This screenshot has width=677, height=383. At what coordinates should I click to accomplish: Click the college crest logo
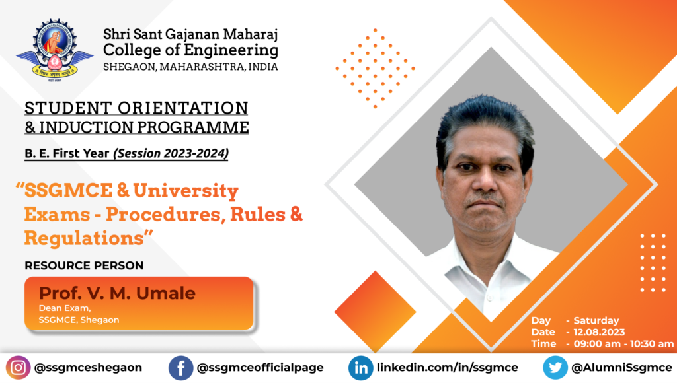point(54,50)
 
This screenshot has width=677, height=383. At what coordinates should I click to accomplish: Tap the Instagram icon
point(18,368)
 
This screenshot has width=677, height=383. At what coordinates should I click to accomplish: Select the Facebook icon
point(180,368)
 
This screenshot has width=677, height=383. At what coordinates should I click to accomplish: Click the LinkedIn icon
point(360,368)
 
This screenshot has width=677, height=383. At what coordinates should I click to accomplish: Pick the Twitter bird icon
point(555,368)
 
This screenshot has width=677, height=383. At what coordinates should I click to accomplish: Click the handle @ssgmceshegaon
point(88,368)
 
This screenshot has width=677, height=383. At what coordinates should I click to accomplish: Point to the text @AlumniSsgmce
point(621,368)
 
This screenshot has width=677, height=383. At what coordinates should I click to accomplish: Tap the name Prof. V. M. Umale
point(117,293)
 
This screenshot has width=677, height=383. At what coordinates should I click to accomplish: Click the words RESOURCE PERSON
point(84,265)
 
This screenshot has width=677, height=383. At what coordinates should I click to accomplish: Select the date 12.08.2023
point(599,332)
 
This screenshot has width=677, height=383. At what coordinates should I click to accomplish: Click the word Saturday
point(596,320)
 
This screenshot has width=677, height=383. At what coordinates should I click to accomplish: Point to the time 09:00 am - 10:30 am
point(623,344)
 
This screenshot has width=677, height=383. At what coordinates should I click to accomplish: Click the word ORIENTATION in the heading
point(183,108)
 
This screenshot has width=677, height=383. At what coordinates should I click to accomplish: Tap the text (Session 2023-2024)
point(171,153)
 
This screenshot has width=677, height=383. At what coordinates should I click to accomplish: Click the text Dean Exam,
point(65,308)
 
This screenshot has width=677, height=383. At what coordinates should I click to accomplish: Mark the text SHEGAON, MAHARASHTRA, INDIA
point(190,67)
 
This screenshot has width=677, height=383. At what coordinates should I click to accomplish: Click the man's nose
point(485,180)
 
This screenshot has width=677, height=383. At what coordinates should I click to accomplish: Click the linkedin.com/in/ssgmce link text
point(448,368)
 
